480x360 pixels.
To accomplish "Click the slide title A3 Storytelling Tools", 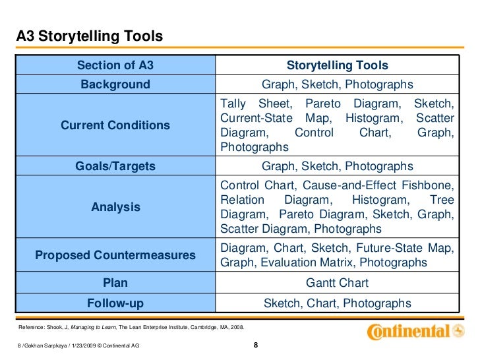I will coord(89,37).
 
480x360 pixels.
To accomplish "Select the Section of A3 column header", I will coord(115,65).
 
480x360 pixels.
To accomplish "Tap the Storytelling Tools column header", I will coord(337,65).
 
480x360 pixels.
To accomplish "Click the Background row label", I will coord(115,84).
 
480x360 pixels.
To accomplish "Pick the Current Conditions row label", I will coord(115,125).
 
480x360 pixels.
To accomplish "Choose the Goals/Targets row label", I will coord(115,166).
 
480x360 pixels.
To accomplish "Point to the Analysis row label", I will coord(115,207).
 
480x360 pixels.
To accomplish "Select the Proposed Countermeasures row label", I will coord(115,255).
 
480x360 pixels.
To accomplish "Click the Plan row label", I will coord(115,284).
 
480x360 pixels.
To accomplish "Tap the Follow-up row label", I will coord(115,303).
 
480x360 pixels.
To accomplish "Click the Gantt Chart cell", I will coord(337,284).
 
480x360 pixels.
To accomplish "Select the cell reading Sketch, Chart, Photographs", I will coord(337,303).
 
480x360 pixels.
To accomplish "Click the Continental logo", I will coord(414,331).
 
